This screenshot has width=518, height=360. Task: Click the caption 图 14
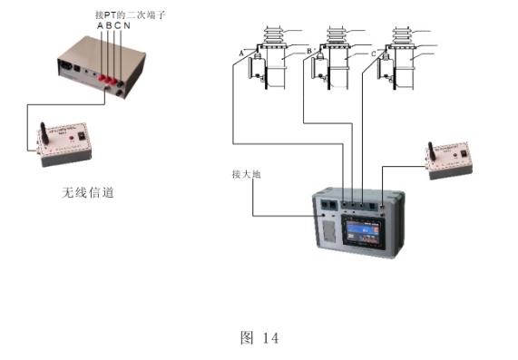[x=259, y=337]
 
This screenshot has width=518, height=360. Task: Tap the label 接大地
[x=246, y=172]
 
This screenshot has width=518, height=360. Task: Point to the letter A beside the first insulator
[x=241, y=53]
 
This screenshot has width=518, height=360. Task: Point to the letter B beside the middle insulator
[x=310, y=51]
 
